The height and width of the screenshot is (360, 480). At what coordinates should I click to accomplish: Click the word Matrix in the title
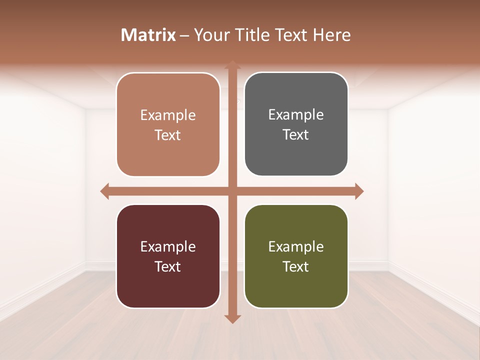click(148, 35)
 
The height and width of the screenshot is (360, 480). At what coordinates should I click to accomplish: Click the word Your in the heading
click(211, 35)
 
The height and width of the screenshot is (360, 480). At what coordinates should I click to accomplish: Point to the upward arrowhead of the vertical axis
click(232, 65)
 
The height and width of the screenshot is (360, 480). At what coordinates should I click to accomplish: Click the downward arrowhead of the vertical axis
click(232, 318)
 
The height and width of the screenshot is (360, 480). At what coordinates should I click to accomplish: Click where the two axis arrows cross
click(232, 191)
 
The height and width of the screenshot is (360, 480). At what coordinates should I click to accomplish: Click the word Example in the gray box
click(296, 115)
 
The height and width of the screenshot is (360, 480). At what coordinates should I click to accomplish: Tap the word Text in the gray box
click(296, 135)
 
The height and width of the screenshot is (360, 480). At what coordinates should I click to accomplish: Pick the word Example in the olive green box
click(296, 246)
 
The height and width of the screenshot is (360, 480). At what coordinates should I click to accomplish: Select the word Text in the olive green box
click(296, 266)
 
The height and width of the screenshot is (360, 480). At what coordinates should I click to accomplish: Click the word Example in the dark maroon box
click(168, 246)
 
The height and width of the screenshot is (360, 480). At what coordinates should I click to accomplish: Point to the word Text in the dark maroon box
click(168, 266)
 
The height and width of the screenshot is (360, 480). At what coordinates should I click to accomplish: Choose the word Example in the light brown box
click(168, 115)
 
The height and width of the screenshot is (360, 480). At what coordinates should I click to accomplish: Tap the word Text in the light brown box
click(168, 135)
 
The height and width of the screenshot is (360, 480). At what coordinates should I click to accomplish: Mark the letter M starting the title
click(128, 35)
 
